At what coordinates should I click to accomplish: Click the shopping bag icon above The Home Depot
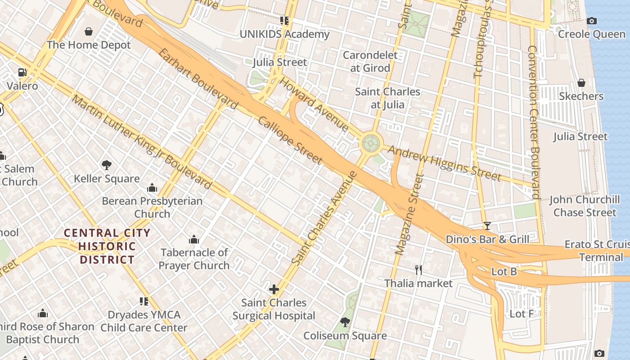click(x=89, y=31)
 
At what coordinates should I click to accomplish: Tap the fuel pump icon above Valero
click(x=22, y=72)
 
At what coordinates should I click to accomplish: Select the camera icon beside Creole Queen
click(x=592, y=21)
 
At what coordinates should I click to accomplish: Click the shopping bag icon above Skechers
click(x=581, y=83)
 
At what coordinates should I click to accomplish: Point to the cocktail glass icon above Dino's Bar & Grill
click(x=487, y=225)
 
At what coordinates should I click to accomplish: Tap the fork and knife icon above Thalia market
click(x=418, y=270)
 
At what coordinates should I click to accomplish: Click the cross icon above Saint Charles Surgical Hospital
click(x=274, y=289)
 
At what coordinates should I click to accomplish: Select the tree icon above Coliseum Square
click(x=345, y=322)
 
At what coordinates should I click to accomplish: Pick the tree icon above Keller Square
click(x=107, y=165)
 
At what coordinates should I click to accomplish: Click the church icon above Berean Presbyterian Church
click(x=152, y=188)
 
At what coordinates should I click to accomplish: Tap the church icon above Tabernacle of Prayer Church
click(x=194, y=239)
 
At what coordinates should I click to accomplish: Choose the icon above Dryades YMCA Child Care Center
click(x=144, y=301)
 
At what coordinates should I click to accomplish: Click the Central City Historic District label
click(x=107, y=246)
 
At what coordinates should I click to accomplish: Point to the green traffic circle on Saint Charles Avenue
click(x=372, y=144)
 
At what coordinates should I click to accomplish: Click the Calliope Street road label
click(x=290, y=140)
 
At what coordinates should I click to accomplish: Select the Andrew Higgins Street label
click(x=444, y=162)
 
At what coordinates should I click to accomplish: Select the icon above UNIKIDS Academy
click(x=284, y=21)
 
